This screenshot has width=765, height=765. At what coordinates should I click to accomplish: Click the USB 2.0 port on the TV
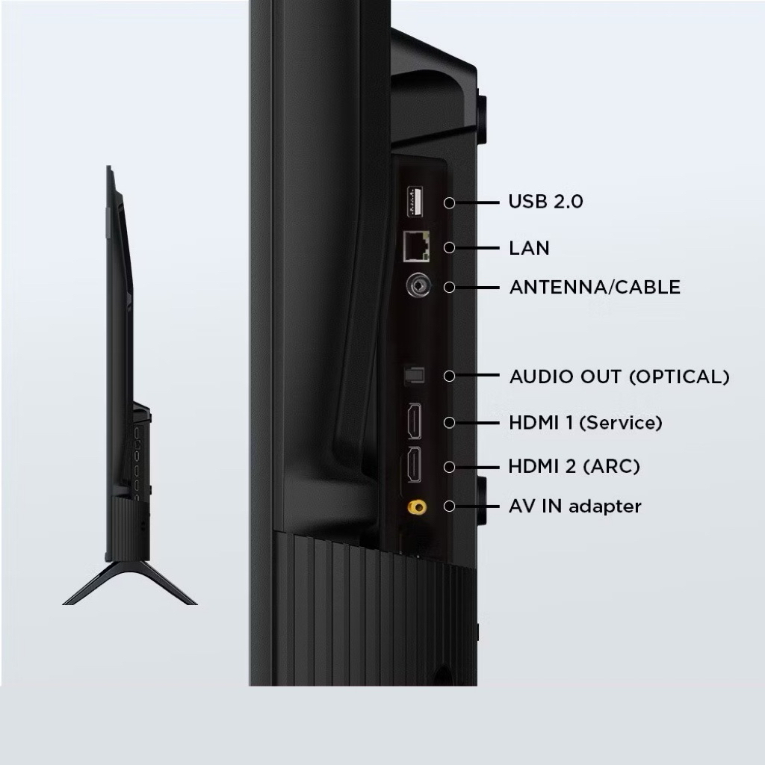click(x=415, y=202)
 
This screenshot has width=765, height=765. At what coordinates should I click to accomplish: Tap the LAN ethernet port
click(x=416, y=247)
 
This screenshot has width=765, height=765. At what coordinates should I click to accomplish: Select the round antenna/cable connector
click(x=418, y=286)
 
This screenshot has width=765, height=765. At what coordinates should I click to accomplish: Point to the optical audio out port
click(x=414, y=375)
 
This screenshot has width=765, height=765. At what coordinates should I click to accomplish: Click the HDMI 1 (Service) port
click(x=415, y=421)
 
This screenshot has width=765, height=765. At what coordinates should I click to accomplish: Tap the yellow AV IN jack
click(x=417, y=507)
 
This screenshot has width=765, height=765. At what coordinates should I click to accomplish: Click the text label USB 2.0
click(x=545, y=202)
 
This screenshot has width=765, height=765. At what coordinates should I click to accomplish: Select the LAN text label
click(x=529, y=248)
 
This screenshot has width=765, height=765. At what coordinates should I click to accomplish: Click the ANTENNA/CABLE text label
click(x=595, y=288)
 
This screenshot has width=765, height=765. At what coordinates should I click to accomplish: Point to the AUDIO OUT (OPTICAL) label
click(x=619, y=377)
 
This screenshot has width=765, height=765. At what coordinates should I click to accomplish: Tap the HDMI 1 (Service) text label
click(x=586, y=423)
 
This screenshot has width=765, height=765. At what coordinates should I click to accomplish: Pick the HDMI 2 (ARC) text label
click(x=574, y=466)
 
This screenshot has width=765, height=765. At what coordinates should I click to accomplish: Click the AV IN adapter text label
click(x=574, y=507)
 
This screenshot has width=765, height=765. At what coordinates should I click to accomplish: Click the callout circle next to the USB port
click(x=449, y=202)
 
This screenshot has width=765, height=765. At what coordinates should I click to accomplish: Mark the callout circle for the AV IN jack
click(x=449, y=507)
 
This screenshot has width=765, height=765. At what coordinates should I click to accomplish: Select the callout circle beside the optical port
click(x=449, y=376)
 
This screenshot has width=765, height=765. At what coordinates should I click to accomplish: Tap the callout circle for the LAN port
click(x=449, y=248)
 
